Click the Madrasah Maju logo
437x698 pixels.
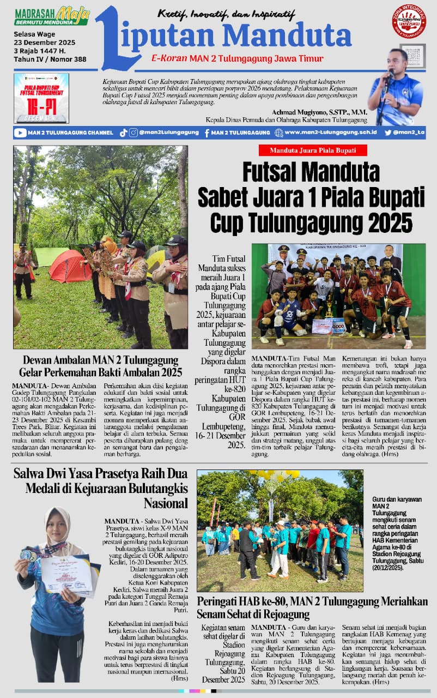tap(52, 16)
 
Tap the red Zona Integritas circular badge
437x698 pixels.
tap(409, 21)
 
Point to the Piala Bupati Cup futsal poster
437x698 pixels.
tap(41, 98)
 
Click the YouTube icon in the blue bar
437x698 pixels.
tap(20, 133)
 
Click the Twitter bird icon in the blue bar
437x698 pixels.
tap(388, 133)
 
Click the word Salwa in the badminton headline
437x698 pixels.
tap(31, 473)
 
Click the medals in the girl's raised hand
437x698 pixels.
tap(28, 555)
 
